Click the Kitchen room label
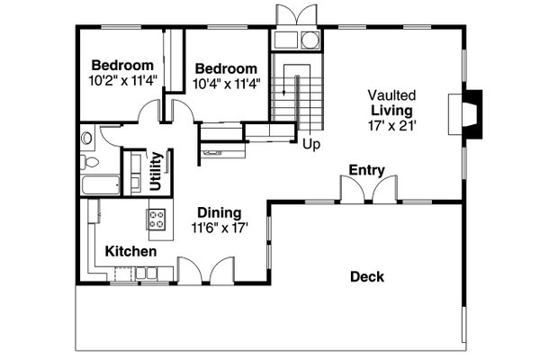[130, 251]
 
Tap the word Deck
[366, 276]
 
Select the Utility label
[157, 170]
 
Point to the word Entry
[366, 169]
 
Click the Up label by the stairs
[311, 143]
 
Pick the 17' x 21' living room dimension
[391, 125]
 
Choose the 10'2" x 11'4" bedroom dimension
[124, 80]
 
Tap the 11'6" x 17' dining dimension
[220, 229]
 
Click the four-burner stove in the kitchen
[157, 217]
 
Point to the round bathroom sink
[86, 139]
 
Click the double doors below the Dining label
[203, 271]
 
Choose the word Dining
[220, 213]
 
